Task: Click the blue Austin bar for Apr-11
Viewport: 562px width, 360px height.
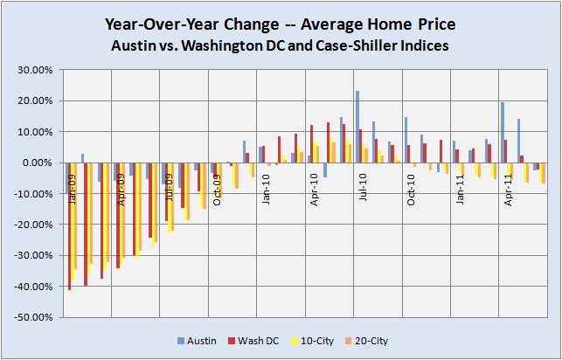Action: pyautogui.click(x=503, y=132)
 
